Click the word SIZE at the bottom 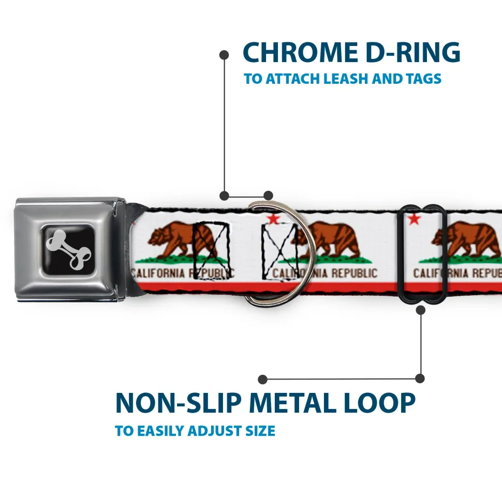[259, 431]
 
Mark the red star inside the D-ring [273, 219]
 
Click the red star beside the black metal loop [414, 219]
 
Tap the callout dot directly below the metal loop [420, 310]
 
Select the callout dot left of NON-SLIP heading [263, 379]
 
